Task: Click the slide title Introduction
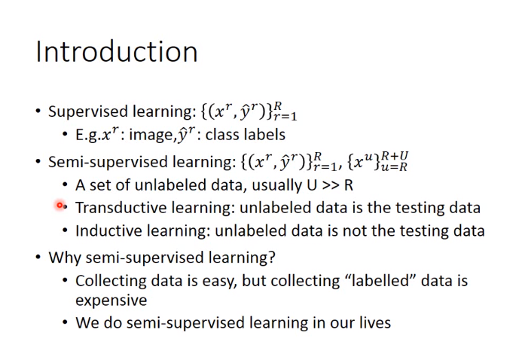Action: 117,52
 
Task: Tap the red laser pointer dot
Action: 60,206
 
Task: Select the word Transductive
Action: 121,208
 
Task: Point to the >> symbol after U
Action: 330,185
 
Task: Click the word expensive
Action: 111,301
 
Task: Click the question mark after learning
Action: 271,257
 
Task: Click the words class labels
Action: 245,135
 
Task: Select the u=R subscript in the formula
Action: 394,167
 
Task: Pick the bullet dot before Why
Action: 38,257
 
